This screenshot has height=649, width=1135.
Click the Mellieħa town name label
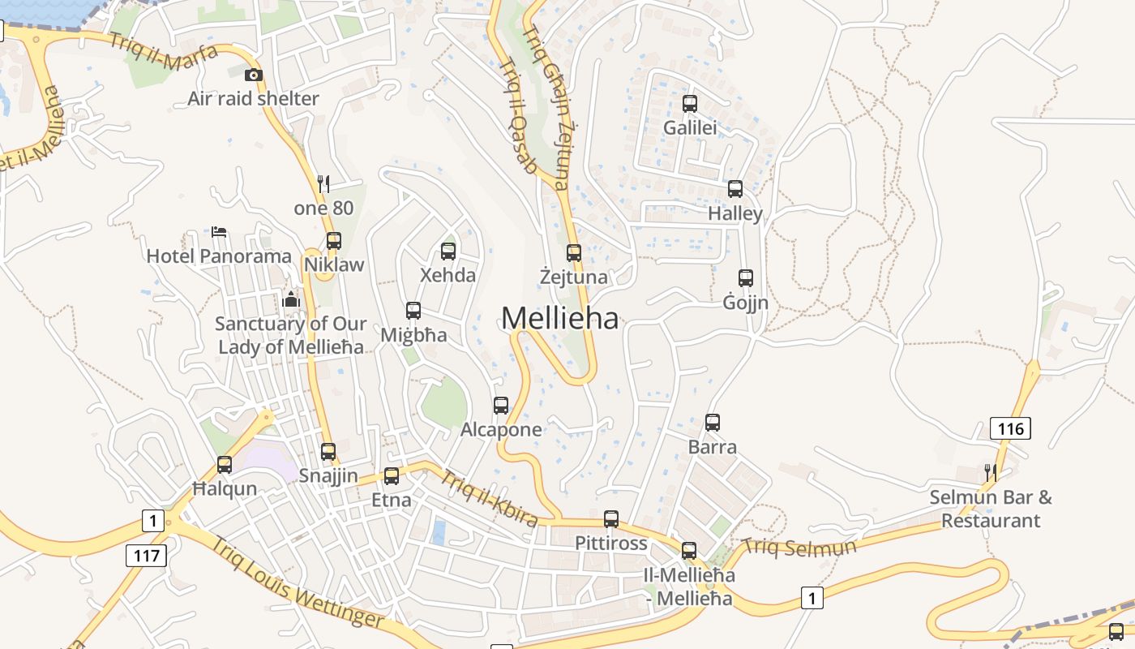[559, 318]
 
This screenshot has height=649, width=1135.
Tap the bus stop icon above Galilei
[690, 104]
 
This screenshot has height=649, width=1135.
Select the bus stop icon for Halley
[735, 189]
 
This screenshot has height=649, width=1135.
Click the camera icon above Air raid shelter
[254, 75]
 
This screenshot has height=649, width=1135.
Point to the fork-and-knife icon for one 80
[323, 184]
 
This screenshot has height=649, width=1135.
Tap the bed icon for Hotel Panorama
[219, 232]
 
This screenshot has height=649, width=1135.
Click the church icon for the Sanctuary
[291, 300]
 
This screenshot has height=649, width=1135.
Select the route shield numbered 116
[1010, 428]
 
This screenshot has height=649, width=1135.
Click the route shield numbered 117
[146, 556]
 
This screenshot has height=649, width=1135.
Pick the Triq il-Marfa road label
[164, 52]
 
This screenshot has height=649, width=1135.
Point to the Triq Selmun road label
[799, 548]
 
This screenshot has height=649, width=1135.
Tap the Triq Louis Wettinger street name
[297, 582]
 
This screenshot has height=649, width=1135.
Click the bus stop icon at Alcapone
[501, 405]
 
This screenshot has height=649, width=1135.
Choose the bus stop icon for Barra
[713, 423]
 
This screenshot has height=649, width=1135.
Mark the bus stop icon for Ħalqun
[225, 465]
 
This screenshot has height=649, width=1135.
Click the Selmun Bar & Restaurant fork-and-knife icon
[990, 472]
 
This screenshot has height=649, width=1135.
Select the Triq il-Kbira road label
[489, 496]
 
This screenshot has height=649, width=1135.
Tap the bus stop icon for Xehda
[448, 251]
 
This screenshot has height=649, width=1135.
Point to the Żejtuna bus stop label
[573, 277]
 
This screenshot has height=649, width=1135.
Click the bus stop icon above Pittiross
[611, 519]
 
